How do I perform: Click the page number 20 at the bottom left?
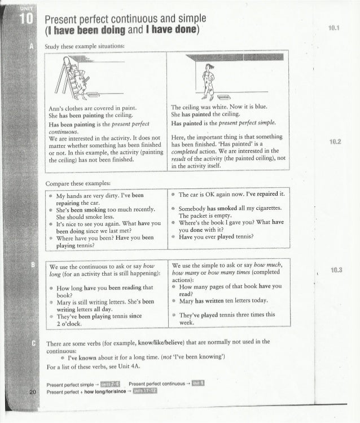[19, 392]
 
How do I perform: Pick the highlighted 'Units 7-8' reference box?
[108, 384]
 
